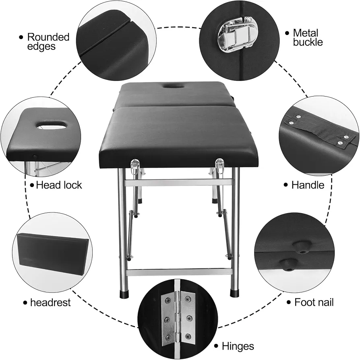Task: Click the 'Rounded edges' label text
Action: coord(48,41)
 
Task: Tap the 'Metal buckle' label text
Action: coord(308,38)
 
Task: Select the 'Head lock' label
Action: coord(59,185)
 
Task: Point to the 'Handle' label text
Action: coord(308,185)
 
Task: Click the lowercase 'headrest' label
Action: coord(50,302)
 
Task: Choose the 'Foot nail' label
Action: coord(314,302)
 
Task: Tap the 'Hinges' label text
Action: coord(238,346)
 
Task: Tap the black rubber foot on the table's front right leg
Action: coord(235,293)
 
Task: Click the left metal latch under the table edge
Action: coord(134,167)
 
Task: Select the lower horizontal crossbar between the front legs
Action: coord(179,272)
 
